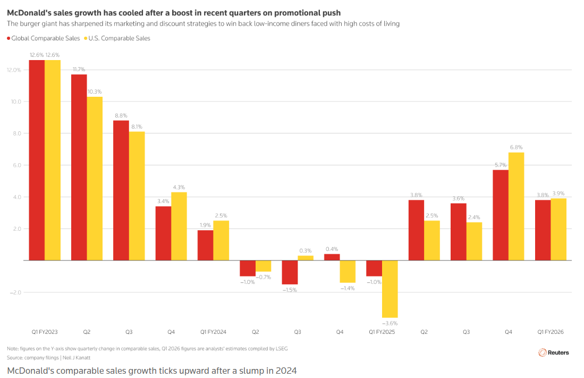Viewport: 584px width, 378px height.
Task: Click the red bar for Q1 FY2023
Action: coord(37,160)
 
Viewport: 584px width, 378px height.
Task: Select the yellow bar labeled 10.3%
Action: coord(95,179)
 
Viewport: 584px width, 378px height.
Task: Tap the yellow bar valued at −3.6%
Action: coord(390,289)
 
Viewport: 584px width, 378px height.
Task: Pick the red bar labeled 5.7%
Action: coord(501,215)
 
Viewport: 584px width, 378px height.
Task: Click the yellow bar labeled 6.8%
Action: coord(516,206)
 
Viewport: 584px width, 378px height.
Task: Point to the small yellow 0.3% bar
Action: coord(306,258)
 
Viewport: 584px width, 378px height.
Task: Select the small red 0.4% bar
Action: coord(332,257)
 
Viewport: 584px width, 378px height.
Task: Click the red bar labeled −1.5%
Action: coord(290,272)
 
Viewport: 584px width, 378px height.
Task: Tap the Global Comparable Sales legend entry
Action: coord(44,38)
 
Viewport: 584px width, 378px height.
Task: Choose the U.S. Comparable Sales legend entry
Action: coord(117,38)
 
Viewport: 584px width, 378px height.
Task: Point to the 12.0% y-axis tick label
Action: coord(14,70)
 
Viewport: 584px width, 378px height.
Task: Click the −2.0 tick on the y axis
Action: coord(15,292)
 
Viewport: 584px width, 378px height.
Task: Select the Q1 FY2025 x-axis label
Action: coord(382,332)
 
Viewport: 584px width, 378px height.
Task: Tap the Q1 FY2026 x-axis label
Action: coord(551,332)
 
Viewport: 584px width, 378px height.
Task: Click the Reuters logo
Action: coord(554,352)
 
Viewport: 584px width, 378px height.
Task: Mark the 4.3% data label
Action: coord(179,187)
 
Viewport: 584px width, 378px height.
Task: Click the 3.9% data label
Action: coord(558,193)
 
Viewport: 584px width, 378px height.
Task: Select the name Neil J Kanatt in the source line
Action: coord(77,357)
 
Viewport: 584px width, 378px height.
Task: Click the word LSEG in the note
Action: coord(282,349)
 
